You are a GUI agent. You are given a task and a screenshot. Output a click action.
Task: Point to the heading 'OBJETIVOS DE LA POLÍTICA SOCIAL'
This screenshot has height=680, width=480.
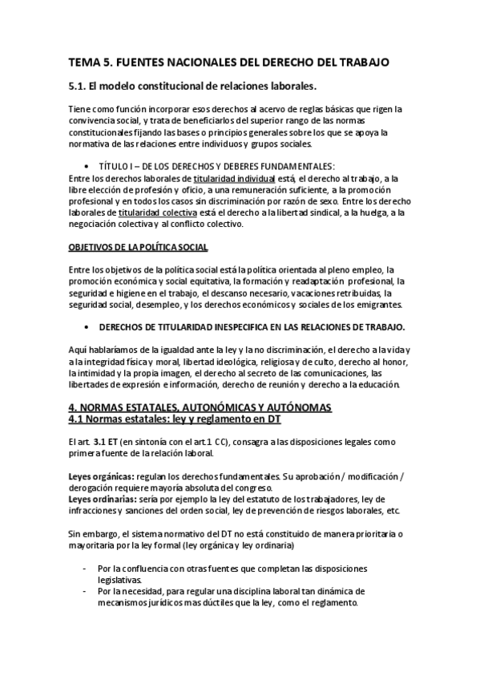pos(139,247)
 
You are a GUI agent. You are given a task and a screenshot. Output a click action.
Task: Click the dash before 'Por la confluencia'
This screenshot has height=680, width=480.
pos(87,568)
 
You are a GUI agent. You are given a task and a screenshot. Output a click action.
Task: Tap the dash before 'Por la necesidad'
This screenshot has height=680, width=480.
pos(87,590)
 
